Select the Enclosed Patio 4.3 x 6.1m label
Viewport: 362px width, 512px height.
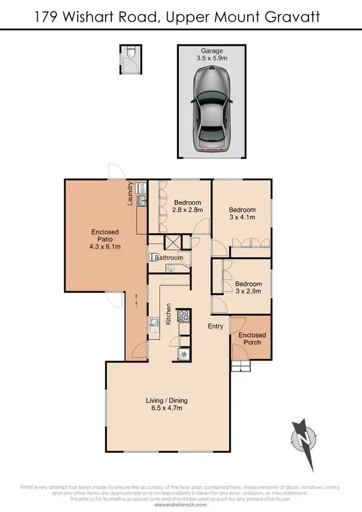coord(105,239)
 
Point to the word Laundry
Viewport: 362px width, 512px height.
coord(130,194)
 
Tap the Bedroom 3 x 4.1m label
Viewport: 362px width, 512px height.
coord(242,213)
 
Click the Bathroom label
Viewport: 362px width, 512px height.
coord(169,258)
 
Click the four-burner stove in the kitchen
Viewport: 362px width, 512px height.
coord(184,316)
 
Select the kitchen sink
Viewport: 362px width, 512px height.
coord(153,323)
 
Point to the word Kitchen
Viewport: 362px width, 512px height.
coord(169,314)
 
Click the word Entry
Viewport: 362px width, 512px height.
coord(215,326)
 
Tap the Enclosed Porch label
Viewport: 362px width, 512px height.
coord(252,338)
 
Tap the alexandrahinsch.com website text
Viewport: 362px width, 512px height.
coord(181,504)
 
